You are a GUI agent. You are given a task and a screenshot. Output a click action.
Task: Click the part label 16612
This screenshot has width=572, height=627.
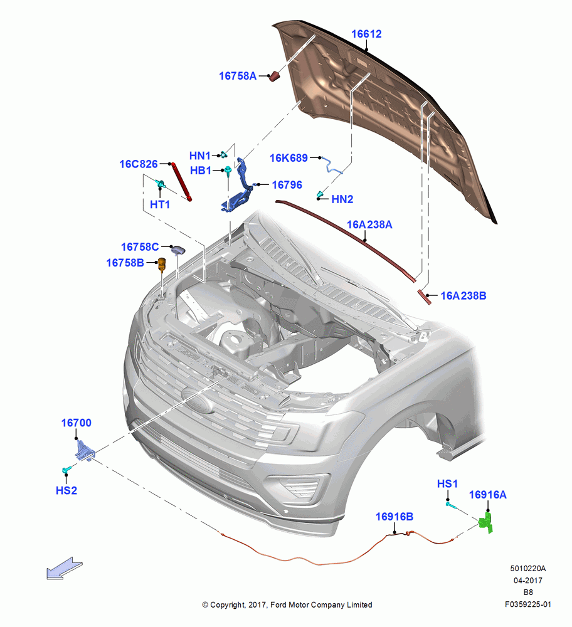[366, 34]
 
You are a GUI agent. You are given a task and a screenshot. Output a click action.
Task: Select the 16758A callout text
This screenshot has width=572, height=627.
[238, 76]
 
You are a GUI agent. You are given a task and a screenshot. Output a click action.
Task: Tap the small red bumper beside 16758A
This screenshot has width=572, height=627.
[274, 76]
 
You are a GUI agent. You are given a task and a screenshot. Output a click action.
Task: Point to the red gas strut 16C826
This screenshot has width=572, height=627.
[182, 181]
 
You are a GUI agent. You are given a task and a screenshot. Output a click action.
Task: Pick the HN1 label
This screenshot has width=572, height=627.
[199, 155]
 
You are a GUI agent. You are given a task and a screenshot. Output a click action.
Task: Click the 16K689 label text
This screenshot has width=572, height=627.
[289, 158]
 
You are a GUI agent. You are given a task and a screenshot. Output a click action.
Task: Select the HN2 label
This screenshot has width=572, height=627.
[342, 199]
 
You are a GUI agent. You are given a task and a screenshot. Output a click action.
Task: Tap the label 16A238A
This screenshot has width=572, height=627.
[369, 224]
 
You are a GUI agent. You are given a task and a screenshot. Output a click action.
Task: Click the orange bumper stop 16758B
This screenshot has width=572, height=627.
[162, 265]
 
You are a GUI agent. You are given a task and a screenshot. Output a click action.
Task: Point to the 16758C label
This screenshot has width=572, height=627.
[140, 246]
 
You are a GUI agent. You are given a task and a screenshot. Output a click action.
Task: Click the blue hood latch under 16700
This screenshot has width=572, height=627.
[85, 451]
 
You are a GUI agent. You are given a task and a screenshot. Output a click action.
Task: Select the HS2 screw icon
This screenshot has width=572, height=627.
[66, 469]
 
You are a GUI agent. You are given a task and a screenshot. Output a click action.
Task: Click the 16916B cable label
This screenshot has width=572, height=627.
[395, 517]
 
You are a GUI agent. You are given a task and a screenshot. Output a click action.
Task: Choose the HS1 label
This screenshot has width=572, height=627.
[447, 484]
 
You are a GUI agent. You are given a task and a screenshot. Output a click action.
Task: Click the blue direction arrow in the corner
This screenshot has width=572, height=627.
[65, 568]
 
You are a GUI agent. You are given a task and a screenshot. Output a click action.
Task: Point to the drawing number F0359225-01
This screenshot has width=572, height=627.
[527, 604]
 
